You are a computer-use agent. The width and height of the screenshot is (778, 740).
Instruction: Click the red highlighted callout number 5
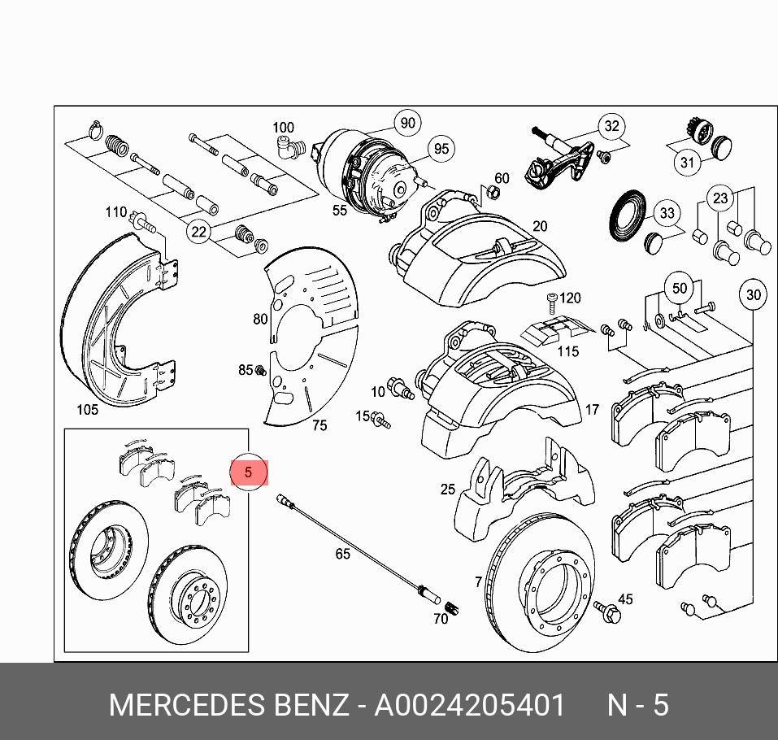click(249, 472)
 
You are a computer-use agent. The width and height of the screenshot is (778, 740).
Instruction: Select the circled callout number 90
click(407, 124)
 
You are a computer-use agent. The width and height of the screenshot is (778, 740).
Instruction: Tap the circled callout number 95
click(441, 149)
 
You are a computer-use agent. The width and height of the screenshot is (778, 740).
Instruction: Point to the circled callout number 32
click(611, 126)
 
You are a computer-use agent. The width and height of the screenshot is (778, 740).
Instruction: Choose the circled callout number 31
click(688, 162)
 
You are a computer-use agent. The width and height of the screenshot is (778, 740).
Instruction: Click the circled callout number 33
click(667, 214)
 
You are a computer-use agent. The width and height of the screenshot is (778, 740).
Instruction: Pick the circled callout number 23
click(720, 198)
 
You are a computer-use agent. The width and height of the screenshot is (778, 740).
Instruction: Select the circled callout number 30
click(754, 294)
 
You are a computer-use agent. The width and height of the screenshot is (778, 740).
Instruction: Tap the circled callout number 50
click(679, 289)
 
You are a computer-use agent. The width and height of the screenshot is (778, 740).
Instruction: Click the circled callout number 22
click(198, 232)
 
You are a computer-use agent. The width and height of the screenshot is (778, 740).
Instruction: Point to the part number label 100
click(283, 128)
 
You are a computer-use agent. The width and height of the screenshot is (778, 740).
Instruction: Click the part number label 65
click(342, 554)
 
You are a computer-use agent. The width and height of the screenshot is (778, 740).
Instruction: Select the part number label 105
click(86, 409)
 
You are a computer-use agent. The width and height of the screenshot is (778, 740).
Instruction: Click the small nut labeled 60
click(490, 194)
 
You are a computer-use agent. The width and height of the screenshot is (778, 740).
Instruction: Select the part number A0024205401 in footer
click(469, 704)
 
